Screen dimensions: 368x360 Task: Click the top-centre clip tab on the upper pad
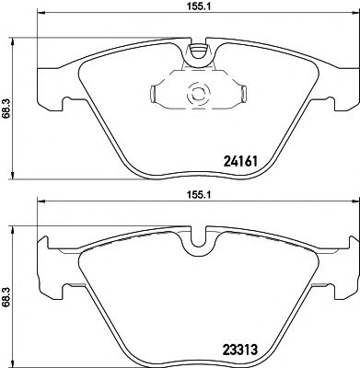[195, 54]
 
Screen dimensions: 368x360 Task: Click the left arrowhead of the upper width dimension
[39, 16]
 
